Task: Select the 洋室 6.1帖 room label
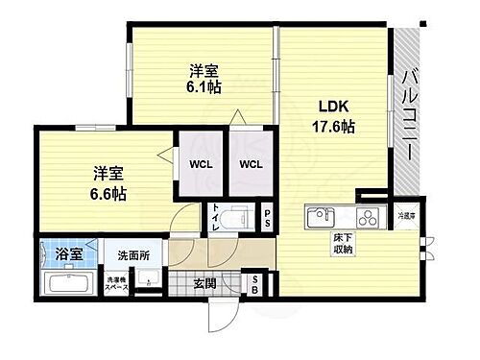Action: [x=203, y=77]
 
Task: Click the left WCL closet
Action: [x=199, y=164]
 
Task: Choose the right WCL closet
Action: [x=250, y=164]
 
